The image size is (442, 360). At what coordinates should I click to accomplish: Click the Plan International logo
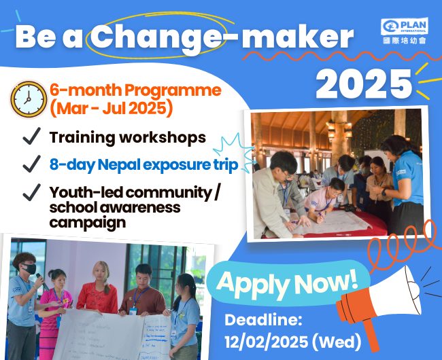(x=405, y=31)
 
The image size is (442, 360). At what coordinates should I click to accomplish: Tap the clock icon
(x=29, y=99)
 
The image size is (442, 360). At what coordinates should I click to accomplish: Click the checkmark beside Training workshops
(x=31, y=137)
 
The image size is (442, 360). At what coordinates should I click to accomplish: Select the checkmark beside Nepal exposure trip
(x=31, y=164)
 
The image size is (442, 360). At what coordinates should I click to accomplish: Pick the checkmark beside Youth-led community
(x=31, y=192)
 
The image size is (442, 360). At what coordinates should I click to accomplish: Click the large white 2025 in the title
(x=364, y=84)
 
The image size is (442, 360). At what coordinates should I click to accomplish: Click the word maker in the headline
(x=297, y=37)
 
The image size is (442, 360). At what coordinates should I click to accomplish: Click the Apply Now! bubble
(x=288, y=283)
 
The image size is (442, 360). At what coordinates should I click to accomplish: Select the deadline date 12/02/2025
(x=267, y=342)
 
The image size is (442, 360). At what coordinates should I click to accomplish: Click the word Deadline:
(x=263, y=321)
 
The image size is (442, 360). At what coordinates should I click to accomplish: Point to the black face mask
(x=30, y=268)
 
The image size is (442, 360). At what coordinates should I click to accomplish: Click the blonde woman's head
(x=101, y=272)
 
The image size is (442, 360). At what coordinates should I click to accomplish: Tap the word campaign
(x=88, y=223)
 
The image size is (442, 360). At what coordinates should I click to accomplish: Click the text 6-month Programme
(x=135, y=90)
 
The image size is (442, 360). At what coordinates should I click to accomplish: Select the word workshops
(x=163, y=138)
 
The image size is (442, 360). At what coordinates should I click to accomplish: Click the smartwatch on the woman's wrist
(x=384, y=192)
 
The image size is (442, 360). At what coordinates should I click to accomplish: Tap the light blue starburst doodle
(x=234, y=154)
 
